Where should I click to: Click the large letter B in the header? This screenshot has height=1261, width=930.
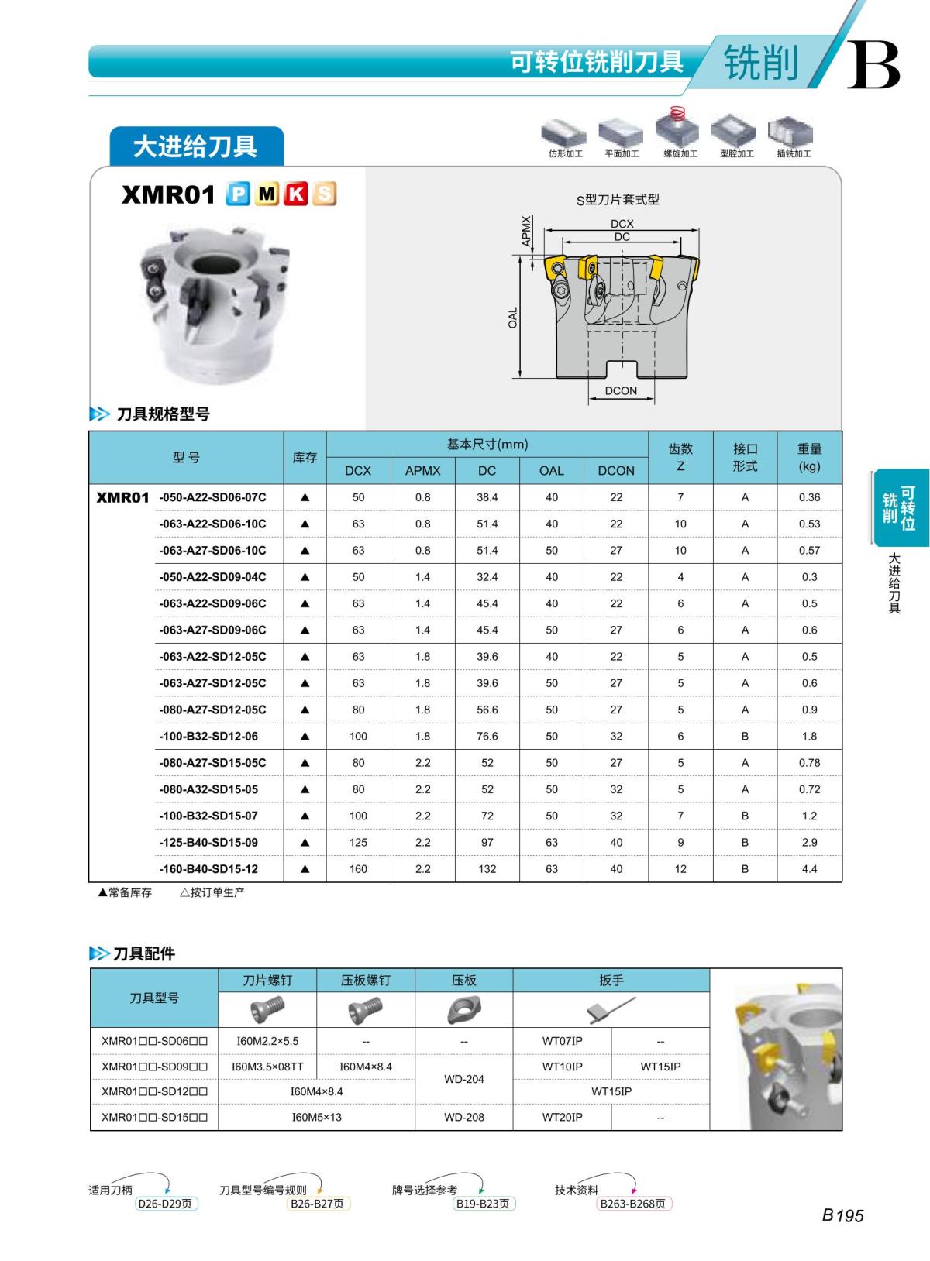click(x=873, y=65)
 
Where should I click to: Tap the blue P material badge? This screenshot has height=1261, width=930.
click(x=238, y=194)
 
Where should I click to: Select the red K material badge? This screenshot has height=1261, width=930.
click(x=295, y=194)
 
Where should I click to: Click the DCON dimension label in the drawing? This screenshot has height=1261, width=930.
click(x=621, y=390)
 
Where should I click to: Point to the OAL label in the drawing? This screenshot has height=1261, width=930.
click(x=513, y=318)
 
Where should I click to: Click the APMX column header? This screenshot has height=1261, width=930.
click(x=422, y=470)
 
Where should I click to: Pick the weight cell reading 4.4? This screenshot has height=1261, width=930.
click(x=809, y=869)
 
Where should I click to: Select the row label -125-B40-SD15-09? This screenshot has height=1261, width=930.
click(x=208, y=842)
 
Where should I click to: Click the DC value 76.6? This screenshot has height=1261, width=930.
click(x=487, y=736)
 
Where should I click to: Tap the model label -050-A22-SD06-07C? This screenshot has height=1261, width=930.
click(x=212, y=497)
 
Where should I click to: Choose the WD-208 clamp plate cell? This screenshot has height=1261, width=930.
click(x=463, y=1117)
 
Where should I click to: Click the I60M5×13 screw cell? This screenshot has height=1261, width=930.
click(x=316, y=1117)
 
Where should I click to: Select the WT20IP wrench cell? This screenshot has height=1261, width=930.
click(x=562, y=1117)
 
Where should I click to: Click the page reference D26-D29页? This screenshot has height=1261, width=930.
click(x=165, y=1204)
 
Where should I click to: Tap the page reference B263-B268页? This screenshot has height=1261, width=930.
click(x=632, y=1204)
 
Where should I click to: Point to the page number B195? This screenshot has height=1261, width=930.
click(x=842, y=1215)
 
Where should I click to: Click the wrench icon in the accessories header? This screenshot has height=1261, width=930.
click(x=611, y=1009)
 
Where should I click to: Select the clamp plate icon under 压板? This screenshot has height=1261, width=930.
click(x=463, y=1009)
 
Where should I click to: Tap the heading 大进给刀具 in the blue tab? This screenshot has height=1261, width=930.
click(x=195, y=146)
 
